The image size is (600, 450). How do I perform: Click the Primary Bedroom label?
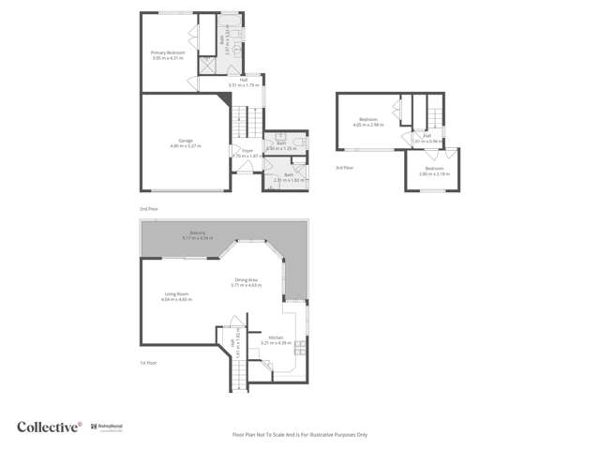coord(169,55)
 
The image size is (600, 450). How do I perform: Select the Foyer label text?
coord(247,152)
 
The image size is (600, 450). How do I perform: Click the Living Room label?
coord(176,296)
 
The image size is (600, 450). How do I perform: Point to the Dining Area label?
coord(247,281)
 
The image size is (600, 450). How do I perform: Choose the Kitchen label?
coord(276,340)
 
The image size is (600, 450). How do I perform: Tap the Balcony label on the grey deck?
coord(198,234)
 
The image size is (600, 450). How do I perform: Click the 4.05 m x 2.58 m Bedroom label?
coord(368,121)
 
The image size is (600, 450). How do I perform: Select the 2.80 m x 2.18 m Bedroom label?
coord(434,171)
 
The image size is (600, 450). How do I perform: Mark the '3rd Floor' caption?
coord(344,167)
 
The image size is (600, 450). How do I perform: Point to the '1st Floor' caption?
coord(147,363)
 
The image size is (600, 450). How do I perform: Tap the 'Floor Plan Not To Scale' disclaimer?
coord(300,435)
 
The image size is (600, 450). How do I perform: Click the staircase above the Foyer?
coord(243,123)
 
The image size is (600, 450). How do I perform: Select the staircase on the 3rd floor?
coord(434,112)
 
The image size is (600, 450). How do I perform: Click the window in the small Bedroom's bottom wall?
coord(433,189)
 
